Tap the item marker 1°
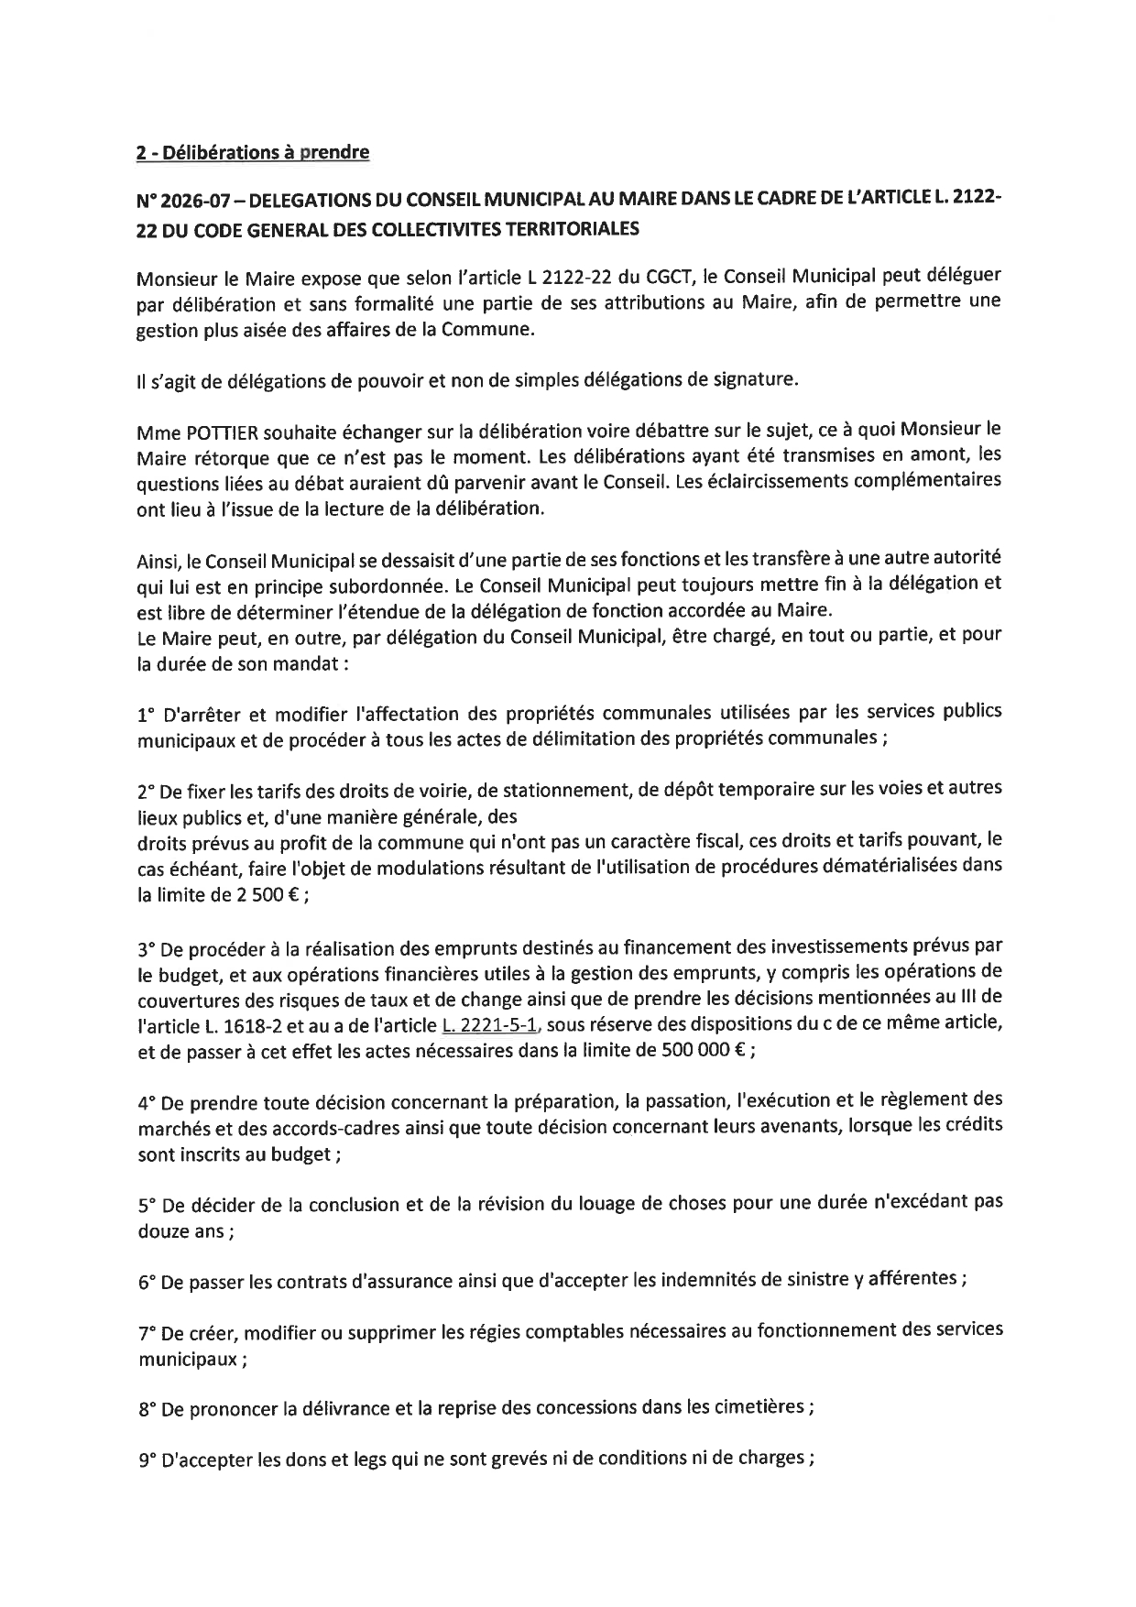(146, 713)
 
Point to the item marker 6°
(147, 1283)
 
